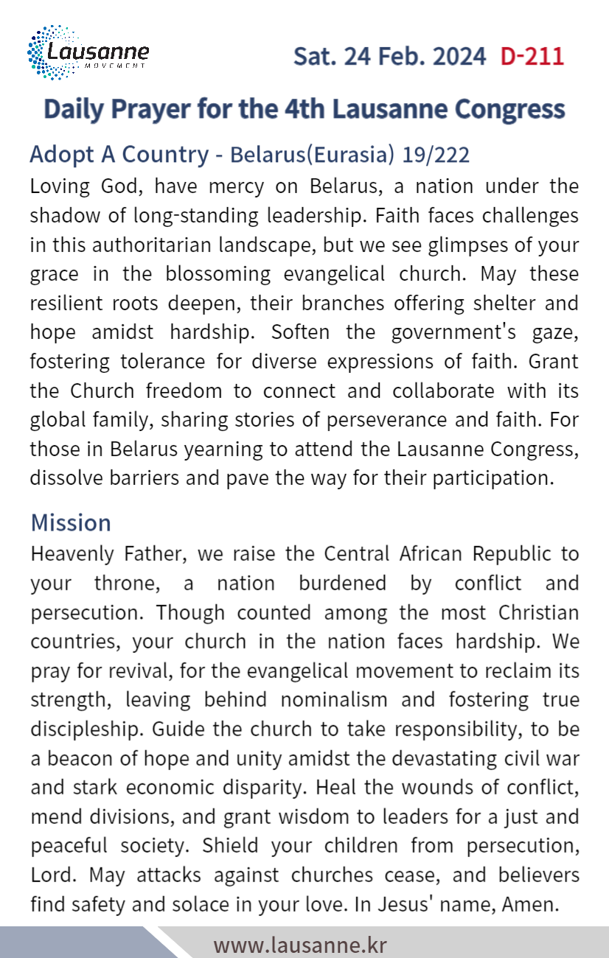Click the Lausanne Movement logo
[x=88, y=52]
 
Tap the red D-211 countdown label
[x=532, y=56]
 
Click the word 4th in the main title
[x=303, y=108]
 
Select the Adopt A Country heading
[x=119, y=155]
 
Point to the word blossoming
[x=209, y=273]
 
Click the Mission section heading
[x=71, y=522]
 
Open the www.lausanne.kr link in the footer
[x=300, y=944]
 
